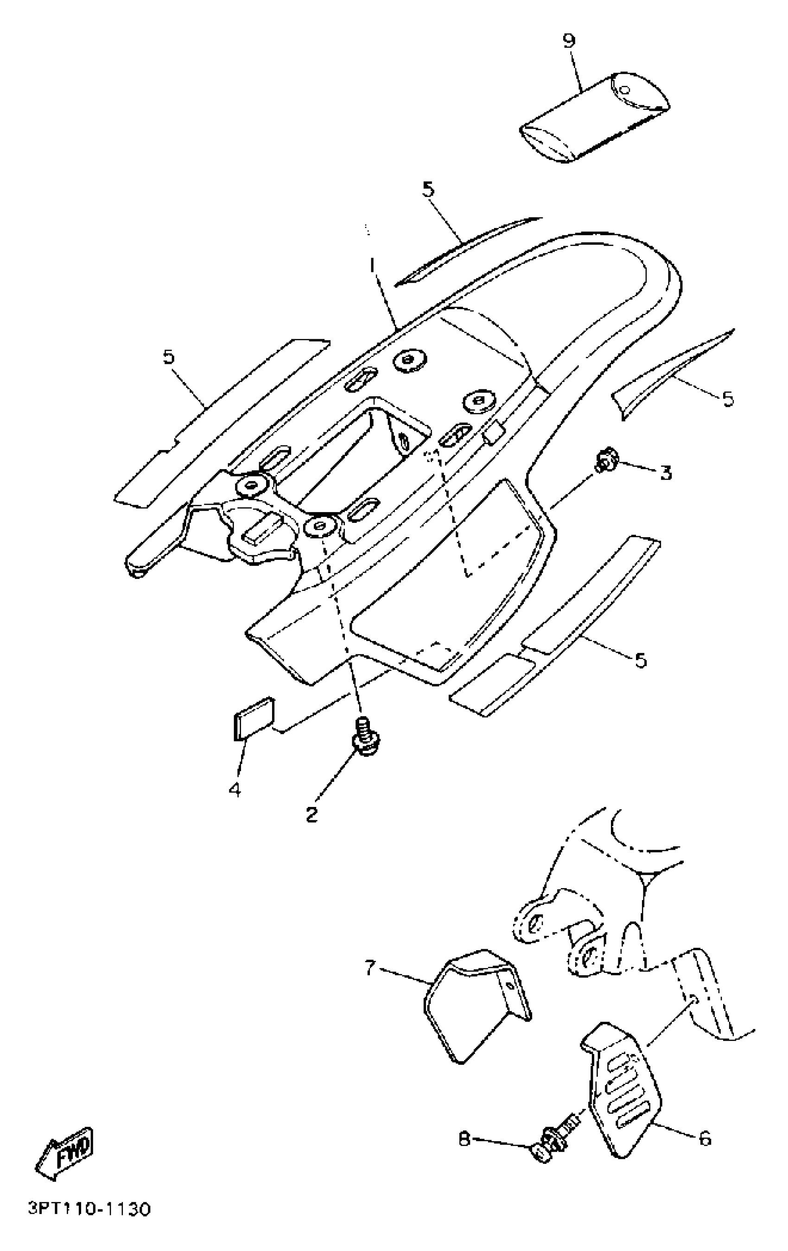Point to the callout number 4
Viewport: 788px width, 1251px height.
pyautogui.click(x=235, y=790)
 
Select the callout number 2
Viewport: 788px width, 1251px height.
pyautogui.click(x=311, y=814)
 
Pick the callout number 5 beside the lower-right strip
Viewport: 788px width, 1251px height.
pyautogui.click(x=641, y=660)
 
